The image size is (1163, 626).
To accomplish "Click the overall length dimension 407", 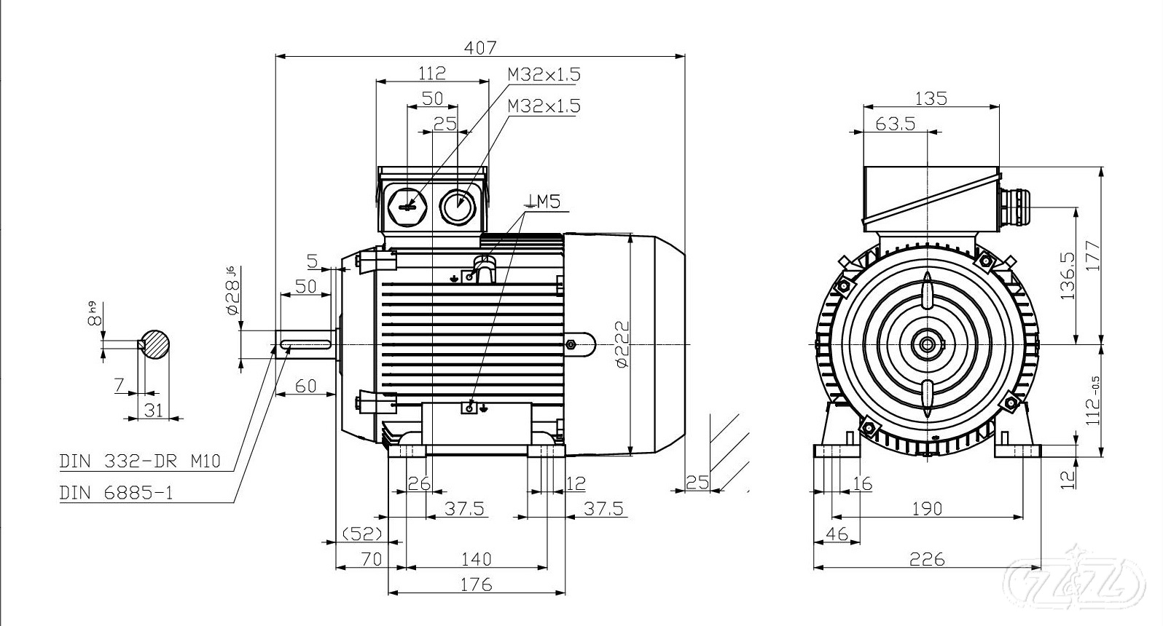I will [x=481, y=47].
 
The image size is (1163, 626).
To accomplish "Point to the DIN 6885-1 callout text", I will [x=117, y=493].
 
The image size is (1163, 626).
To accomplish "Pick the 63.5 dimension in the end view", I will [x=895, y=123].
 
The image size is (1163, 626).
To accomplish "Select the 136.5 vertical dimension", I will [x=1068, y=276].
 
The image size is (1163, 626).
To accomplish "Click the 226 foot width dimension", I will [x=927, y=559].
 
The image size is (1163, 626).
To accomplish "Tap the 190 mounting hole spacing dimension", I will [x=927, y=508].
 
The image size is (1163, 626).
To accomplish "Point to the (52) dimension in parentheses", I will [x=363, y=534].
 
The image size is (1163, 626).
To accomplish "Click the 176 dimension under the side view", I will [x=477, y=584].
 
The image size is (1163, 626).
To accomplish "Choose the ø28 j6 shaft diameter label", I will [x=232, y=291].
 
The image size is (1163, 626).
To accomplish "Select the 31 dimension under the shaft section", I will [x=154, y=410].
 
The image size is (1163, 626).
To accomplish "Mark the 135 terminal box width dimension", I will [x=931, y=98].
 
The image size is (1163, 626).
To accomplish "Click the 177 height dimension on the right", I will [x=1092, y=255].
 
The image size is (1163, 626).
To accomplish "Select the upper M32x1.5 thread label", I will [x=544, y=74].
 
